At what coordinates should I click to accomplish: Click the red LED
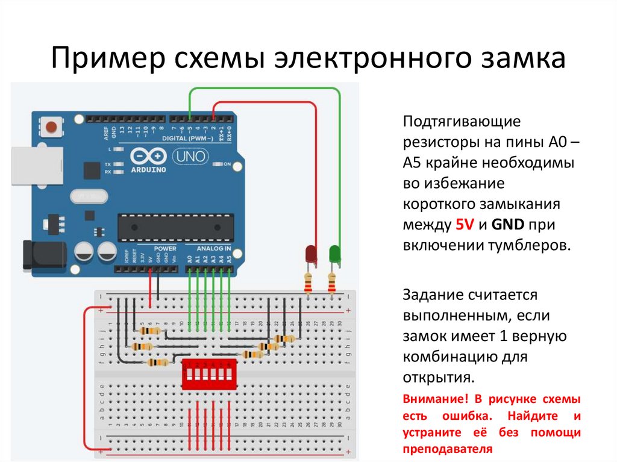311,254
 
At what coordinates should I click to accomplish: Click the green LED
334,254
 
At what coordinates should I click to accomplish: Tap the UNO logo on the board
192,157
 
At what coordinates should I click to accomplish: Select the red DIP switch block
209,374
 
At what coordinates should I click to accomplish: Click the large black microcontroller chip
174,225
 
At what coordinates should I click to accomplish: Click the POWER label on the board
164,248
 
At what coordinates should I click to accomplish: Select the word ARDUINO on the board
148,170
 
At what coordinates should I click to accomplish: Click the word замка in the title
528,60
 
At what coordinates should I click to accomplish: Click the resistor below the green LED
331,281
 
